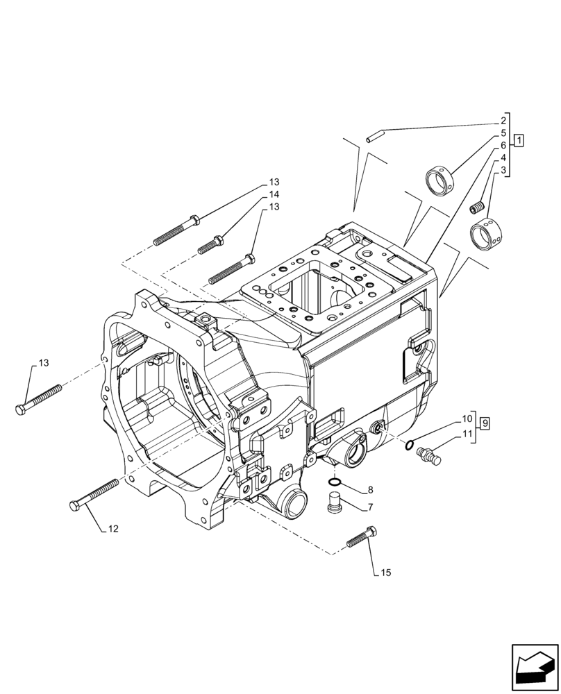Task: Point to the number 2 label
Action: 503,121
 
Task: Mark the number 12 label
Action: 113,530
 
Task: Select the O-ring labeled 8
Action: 334,481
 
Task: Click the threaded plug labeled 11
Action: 428,455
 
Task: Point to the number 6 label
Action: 503,146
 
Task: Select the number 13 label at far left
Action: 44,363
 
